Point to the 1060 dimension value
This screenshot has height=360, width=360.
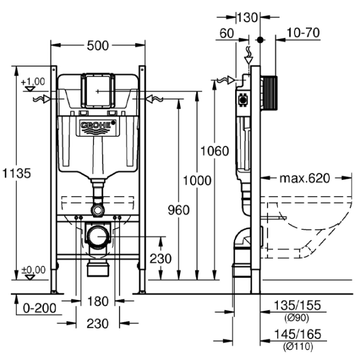(x=214, y=151)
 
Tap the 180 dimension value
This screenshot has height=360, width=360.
(x=98, y=300)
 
